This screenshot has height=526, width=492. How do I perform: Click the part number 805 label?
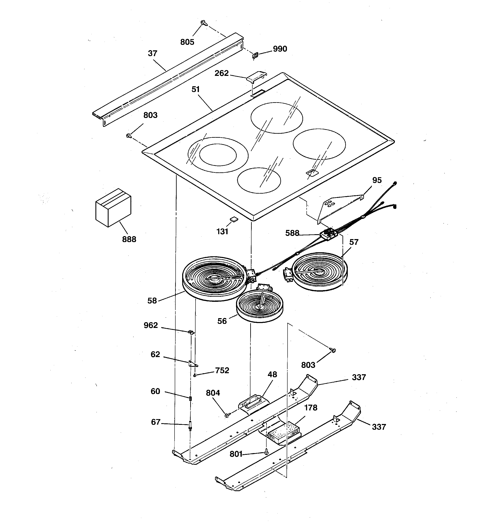(187, 42)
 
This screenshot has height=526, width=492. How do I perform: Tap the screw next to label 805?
(204, 23)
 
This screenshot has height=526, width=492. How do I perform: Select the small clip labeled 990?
(255, 55)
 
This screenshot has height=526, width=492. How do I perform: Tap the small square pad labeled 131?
(233, 218)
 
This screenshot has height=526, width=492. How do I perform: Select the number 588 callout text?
(292, 233)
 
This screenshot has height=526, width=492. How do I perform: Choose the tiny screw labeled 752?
(195, 375)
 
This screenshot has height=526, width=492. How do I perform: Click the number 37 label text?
(152, 53)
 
